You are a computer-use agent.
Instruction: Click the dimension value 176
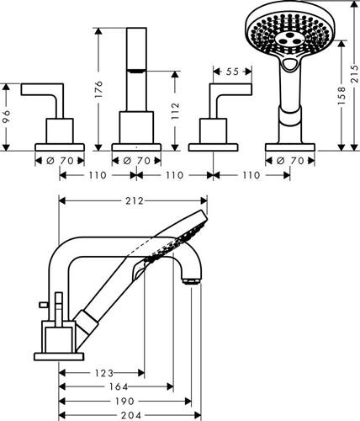[98, 89]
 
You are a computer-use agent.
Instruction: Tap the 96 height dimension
[6, 117]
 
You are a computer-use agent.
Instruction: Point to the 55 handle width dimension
[232, 72]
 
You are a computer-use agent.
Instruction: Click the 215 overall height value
[355, 73]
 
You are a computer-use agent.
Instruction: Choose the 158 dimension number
[341, 96]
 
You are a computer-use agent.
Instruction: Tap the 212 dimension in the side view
[135, 201]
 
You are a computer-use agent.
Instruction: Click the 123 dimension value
[103, 373]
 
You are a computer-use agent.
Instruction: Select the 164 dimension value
[119, 386]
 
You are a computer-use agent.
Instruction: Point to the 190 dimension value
[124, 401]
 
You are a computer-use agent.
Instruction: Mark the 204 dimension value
[131, 415]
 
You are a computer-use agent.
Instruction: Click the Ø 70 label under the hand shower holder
[290, 161]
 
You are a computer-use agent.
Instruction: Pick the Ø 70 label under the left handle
[60, 161]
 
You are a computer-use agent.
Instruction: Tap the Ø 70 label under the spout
[137, 161]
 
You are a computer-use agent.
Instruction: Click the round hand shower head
[288, 32]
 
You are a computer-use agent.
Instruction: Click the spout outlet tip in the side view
[192, 281]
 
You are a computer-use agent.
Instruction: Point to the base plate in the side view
[59, 356]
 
